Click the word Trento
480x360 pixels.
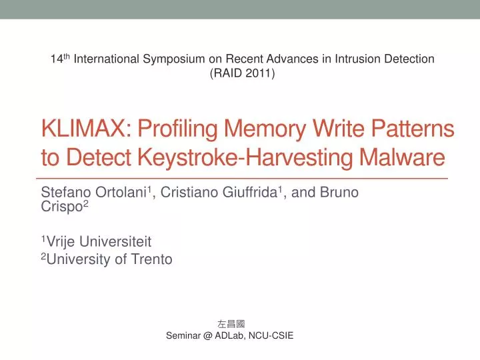[152, 260]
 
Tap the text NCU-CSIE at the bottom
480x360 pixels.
[269, 336]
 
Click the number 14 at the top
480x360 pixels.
[56, 59]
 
